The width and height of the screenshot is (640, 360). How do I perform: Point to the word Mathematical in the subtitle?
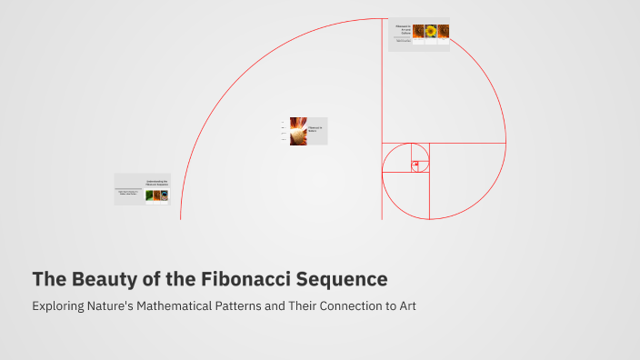[x=206, y=305]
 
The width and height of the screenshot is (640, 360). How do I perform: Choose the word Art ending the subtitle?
[x=407, y=305]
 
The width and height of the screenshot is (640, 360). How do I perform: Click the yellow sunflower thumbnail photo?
[x=431, y=31]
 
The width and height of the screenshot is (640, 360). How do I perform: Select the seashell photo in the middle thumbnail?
[x=298, y=131]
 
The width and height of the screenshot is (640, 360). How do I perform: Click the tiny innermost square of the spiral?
[x=415, y=165]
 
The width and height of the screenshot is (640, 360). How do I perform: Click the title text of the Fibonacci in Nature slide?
[x=315, y=129]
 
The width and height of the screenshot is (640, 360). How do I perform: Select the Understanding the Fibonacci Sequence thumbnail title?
[x=156, y=182]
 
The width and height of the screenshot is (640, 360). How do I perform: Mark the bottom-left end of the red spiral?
[x=181, y=218]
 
